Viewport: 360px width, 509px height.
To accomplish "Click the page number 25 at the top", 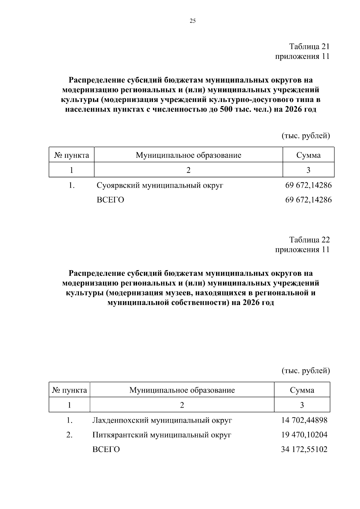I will [x=192, y=21].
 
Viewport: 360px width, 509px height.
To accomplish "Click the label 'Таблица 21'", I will [x=309, y=46].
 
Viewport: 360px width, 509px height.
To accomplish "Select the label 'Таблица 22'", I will [x=309, y=240].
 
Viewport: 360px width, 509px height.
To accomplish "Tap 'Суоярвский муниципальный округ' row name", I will [x=160, y=185].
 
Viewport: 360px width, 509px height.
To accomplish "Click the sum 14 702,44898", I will [x=304, y=420].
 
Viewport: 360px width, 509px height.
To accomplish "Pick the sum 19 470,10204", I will [x=304, y=435].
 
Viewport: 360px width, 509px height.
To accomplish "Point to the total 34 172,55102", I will [x=304, y=449].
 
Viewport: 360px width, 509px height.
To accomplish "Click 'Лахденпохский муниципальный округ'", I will [x=162, y=420].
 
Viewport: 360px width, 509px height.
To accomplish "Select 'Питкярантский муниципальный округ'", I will [x=162, y=435].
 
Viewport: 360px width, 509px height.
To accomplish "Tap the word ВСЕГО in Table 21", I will [x=110, y=200].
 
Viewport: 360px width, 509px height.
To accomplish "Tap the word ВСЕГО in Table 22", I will [x=106, y=449].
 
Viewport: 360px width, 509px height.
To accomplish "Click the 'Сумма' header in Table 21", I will [x=308, y=155].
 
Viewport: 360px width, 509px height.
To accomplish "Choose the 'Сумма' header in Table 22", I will [x=302, y=390].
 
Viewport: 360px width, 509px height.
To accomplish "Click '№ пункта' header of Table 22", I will [x=70, y=390].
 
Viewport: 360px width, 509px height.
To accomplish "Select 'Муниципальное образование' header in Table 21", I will [x=188, y=155].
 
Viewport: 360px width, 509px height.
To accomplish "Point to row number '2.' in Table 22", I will [x=69, y=435].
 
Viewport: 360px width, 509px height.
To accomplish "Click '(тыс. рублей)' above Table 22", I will [x=306, y=371].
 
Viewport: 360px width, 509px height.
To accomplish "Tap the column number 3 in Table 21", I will [x=308, y=170].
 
